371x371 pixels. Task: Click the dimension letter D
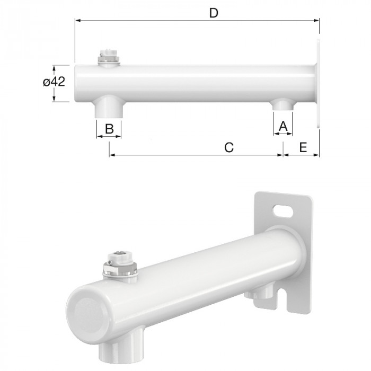[214, 13]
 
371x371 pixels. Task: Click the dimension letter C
[228, 147]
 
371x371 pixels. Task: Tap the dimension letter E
[303, 147]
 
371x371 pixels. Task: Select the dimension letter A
[282, 126]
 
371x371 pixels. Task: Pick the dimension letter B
[109, 128]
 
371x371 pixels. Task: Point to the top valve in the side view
[110, 57]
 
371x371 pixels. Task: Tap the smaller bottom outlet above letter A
[282, 105]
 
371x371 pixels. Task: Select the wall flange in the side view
[318, 82]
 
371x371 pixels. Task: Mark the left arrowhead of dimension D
[77, 21]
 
